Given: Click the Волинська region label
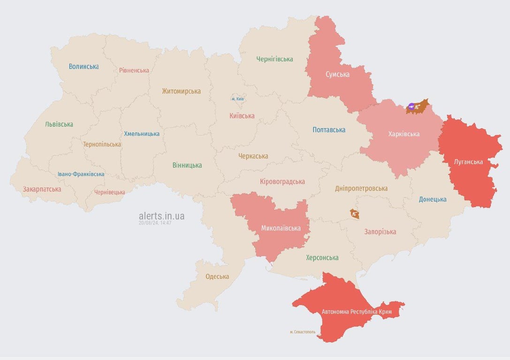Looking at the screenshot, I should point(84,66).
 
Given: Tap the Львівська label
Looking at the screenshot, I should point(59,124).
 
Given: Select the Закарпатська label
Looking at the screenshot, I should point(42,189).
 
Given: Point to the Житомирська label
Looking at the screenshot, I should point(181,91).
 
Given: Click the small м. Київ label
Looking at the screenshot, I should point(237,99).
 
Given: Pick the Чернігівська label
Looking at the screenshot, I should point(274,59).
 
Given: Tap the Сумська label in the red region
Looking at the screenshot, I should point(337,74).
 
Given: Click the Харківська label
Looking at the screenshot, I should point(404,134).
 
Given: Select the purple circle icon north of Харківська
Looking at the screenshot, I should point(411,107).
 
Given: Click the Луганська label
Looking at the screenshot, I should point(468,162).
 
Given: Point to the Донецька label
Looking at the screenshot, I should point(433,199).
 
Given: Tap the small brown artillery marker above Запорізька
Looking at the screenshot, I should point(354,214).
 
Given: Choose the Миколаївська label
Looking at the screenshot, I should point(281,228).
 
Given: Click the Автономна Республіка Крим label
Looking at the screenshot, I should point(356,312).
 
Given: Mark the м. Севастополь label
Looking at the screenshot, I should point(303,332).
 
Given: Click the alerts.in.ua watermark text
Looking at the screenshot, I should point(161,216).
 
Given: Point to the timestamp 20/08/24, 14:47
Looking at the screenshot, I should point(155,223).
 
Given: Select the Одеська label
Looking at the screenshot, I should point(217,276).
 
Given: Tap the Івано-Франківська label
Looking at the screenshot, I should point(81,174).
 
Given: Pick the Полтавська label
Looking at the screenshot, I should point(329,130).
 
